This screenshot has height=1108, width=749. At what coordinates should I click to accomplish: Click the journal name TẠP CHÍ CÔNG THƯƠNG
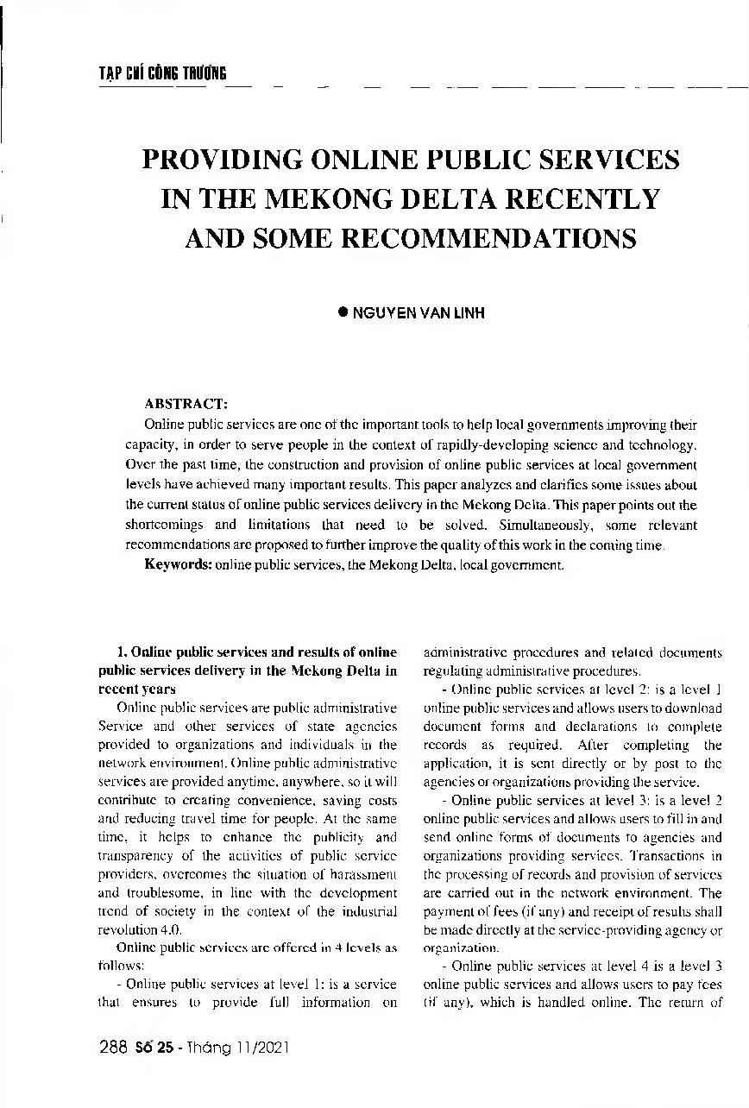[162, 74]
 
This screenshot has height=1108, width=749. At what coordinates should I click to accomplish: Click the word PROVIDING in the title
[220, 161]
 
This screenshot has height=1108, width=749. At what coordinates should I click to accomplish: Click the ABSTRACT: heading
[186, 403]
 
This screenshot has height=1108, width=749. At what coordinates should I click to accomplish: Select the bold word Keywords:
[179, 565]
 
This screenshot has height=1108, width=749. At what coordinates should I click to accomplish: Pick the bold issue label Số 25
[155, 1048]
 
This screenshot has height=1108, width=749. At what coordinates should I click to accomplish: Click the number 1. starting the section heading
[121, 652]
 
